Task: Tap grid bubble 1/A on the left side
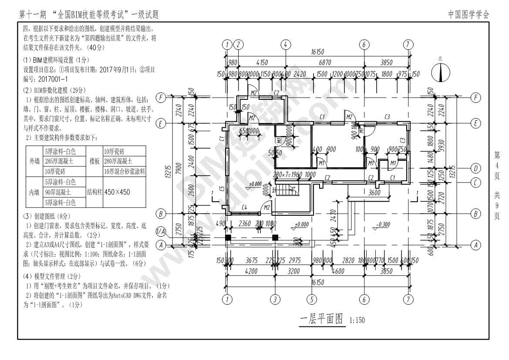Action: tap(161, 231)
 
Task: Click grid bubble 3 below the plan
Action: tap(275, 299)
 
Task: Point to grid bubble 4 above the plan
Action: tap(285, 44)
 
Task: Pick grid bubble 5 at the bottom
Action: tap(311, 299)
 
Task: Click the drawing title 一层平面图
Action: tap(322, 319)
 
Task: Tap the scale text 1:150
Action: tap(357, 320)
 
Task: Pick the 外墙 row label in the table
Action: tap(34, 161)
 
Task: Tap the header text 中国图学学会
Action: tap(469, 14)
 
